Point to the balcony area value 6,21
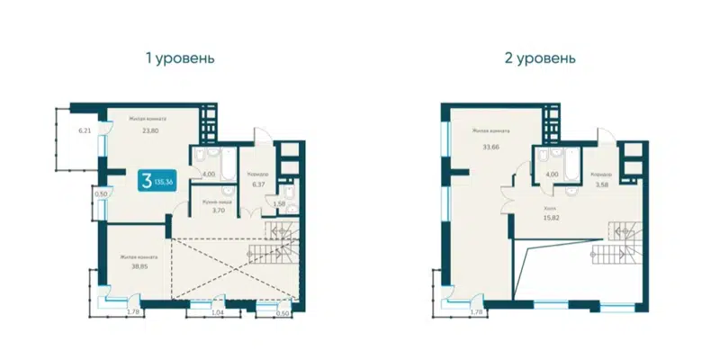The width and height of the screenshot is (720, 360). click(85, 131)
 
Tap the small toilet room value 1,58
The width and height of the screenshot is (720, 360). click(280, 204)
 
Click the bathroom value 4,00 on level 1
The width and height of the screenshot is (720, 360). click(208, 175)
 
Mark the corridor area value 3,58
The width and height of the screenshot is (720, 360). click(601, 184)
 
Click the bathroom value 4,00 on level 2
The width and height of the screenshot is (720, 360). click(550, 175)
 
